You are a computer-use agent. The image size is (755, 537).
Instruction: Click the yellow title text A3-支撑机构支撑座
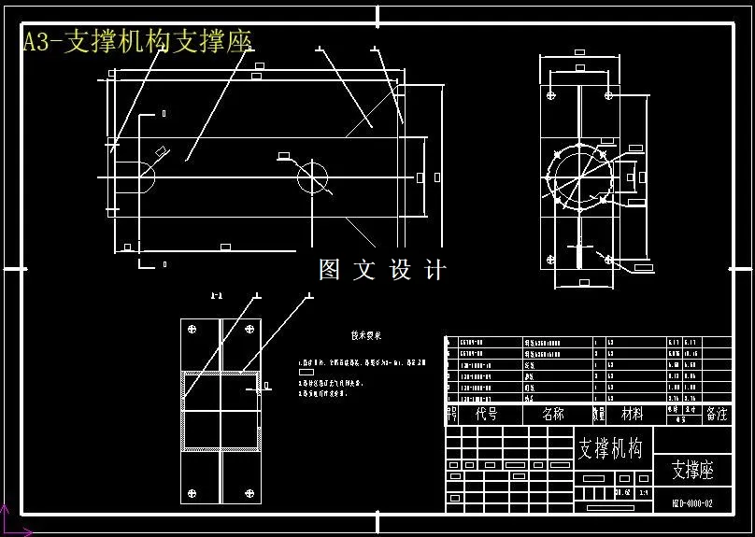[x=137, y=42]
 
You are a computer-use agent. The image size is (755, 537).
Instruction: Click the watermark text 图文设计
[x=382, y=270]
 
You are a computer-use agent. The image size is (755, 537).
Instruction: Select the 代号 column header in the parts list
[x=486, y=414]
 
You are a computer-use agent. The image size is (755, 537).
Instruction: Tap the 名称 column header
[x=553, y=414]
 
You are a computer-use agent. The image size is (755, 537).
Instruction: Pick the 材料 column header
[x=633, y=414]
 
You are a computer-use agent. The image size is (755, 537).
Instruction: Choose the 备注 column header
[x=717, y=414]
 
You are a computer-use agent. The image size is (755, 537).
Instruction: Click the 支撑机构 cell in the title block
[x=611, y=448]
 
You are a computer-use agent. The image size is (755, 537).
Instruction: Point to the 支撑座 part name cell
[x=692, y=471]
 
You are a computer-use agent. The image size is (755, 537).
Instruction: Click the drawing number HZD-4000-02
[x=692, y=503]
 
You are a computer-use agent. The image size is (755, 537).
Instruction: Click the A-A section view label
[x=216, y=297]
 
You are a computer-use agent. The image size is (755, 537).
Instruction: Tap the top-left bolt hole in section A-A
[x=193, y=329]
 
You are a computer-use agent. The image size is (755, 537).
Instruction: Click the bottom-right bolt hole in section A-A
[x=249, y=493]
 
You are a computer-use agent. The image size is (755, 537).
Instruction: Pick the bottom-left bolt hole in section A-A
[x=193, y=493]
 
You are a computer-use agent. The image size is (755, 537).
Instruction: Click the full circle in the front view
[x=314, y=176]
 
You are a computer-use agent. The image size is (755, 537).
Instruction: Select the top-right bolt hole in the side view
[x=609, y=94]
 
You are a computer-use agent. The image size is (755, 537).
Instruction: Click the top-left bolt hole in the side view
[x=553, y=94]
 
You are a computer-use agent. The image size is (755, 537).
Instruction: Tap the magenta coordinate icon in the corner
[x=7, y=523]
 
